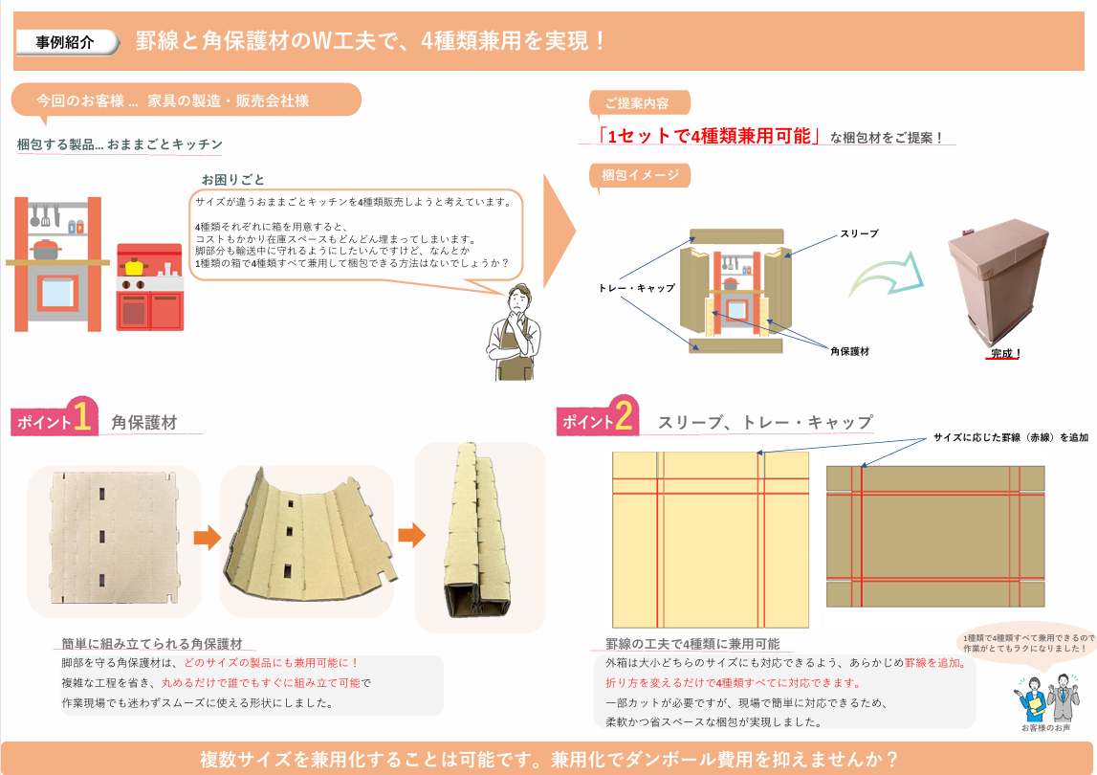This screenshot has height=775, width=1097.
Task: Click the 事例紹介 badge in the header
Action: pos(66,42)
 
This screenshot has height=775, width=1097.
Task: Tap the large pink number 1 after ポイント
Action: pos(82,416)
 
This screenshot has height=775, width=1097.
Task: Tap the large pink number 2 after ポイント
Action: pos(624,414)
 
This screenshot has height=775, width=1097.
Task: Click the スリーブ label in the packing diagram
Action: pos(859,233)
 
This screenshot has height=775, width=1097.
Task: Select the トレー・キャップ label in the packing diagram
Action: pos(637,288)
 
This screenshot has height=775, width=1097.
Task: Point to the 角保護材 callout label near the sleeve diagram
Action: pos(849,351)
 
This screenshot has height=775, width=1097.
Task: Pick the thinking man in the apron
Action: pos(515,332)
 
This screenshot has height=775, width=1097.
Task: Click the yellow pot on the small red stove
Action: pos(134,266)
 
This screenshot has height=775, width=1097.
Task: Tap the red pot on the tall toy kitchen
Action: pos(46,249)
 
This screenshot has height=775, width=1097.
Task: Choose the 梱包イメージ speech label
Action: pos(640,175)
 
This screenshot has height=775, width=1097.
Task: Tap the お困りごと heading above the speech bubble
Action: pos(233,180)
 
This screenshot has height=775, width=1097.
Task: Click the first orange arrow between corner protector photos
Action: pos(208,538)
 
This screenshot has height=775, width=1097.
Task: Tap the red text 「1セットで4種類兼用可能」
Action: pos(709,136)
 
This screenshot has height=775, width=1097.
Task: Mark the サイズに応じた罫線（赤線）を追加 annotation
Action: pos(1010,437)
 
